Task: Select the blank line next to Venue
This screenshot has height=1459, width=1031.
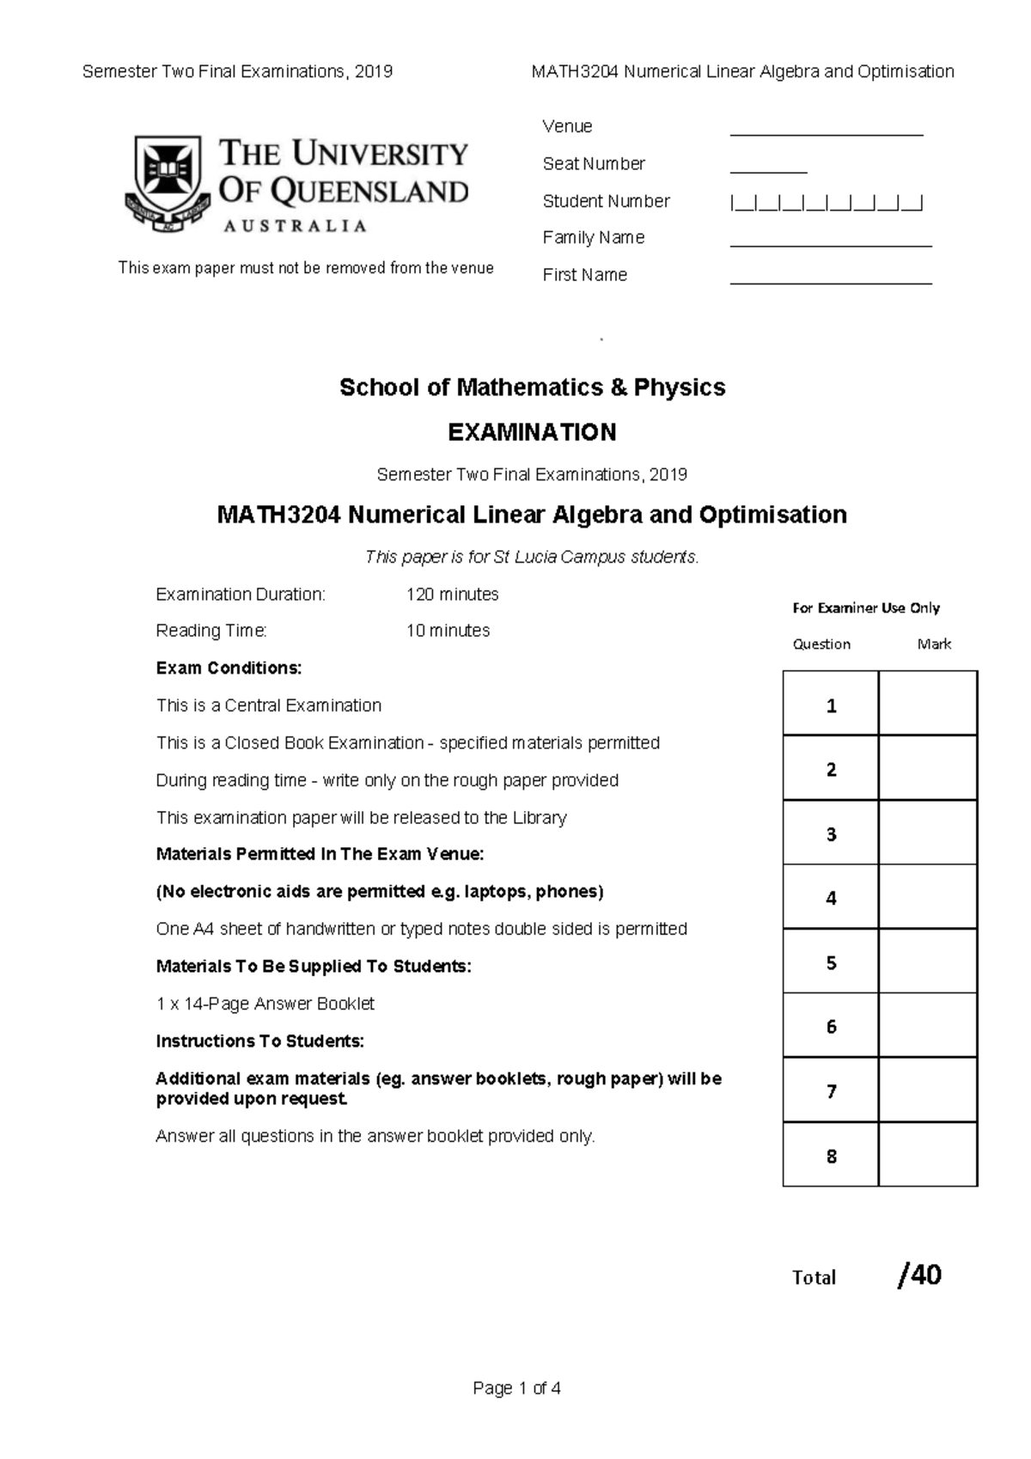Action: [826, 133]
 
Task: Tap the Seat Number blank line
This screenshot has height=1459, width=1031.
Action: [768, 171]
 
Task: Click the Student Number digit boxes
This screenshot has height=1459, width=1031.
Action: [826, 204]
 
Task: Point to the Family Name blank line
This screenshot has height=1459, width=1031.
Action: [830, 244]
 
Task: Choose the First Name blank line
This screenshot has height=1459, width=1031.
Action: [830, 281]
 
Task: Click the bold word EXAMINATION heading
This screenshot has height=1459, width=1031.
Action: [532, 432]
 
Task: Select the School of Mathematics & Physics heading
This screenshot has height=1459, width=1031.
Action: [532, 388]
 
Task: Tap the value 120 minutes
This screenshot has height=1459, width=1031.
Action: [452, 595]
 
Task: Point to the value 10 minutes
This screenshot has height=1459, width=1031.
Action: [448, 631]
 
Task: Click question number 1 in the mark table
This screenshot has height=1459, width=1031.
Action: [831, 705]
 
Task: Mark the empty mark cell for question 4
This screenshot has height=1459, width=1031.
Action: [928, 897]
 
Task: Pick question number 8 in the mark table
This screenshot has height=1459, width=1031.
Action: [831, 1156]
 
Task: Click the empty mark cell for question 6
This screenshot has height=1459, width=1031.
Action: [928, 1026]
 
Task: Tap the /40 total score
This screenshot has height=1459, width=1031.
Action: [919, 1276]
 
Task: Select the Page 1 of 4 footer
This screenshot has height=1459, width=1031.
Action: [516, 1389]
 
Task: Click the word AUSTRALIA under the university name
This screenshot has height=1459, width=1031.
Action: [295, 226]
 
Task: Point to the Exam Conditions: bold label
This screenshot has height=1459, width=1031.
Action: [229, 668]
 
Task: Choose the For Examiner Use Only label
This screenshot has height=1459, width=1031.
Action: [865, 608]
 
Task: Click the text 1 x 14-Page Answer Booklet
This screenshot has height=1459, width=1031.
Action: [265, 1004]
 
